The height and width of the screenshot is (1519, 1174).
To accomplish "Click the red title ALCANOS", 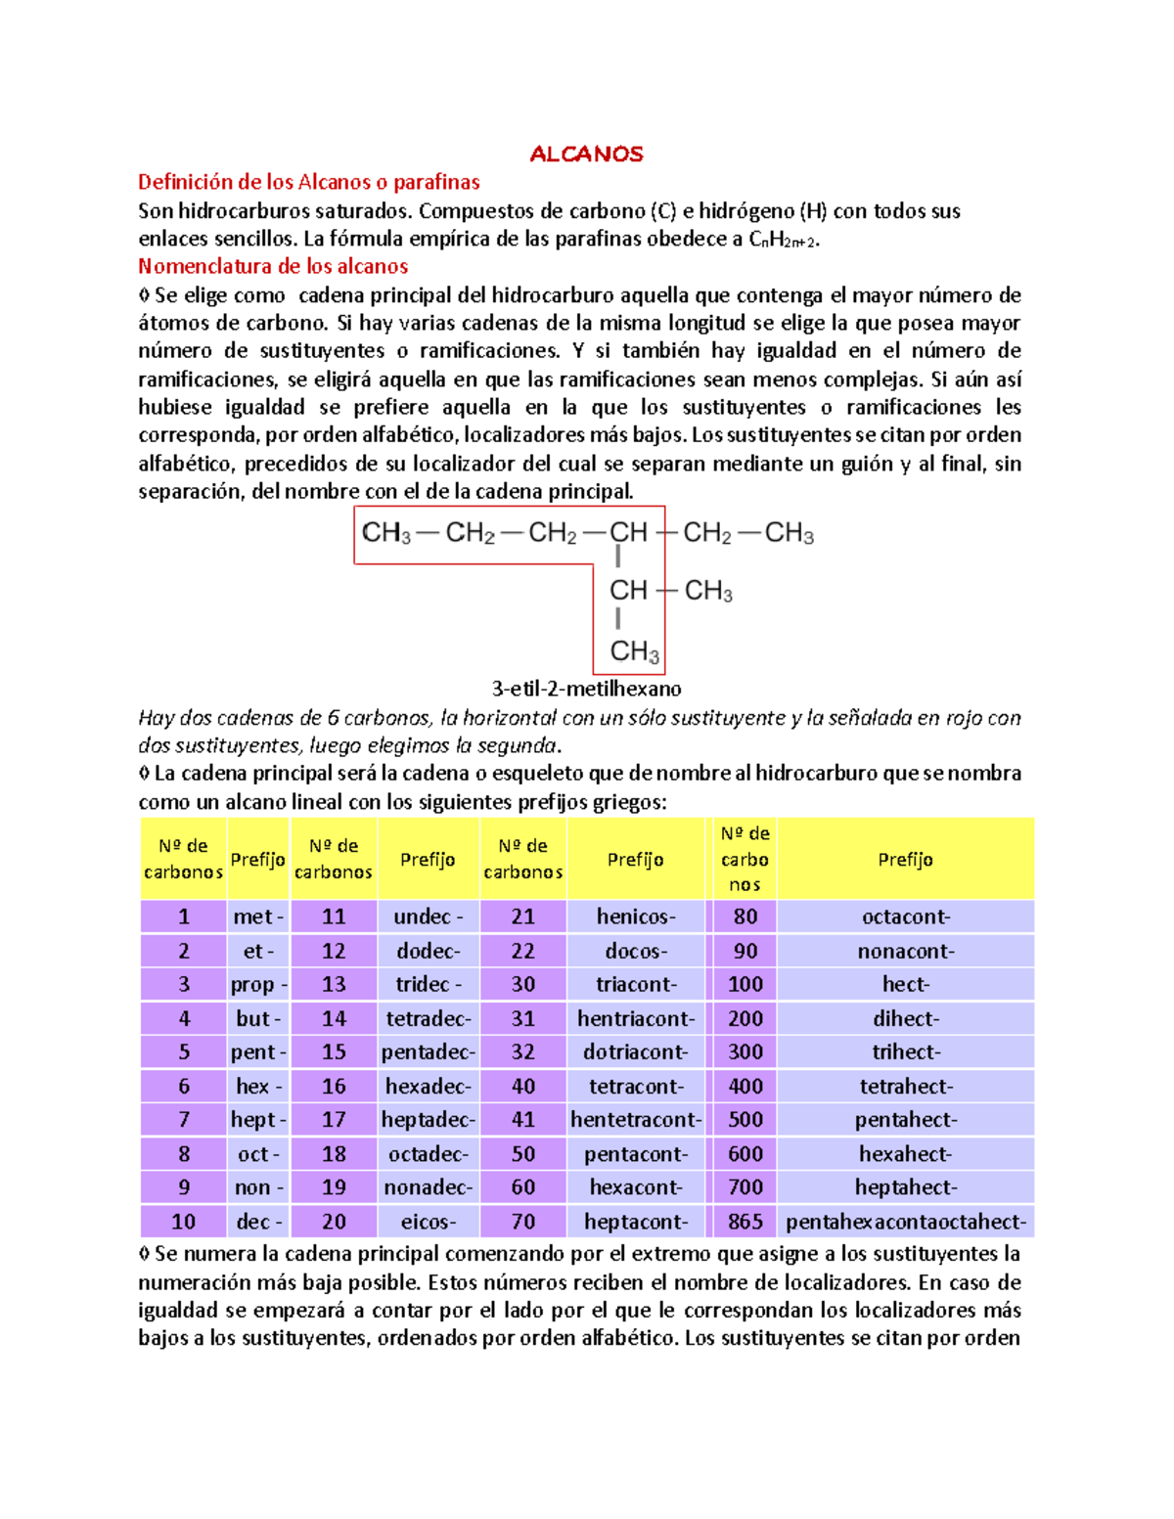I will [586, 155].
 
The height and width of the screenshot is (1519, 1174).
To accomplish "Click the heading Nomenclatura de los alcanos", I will [273, 266].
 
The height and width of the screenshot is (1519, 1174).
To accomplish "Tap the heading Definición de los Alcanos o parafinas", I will [308, 182].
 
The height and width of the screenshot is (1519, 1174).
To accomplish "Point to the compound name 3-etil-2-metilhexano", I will [586, 689].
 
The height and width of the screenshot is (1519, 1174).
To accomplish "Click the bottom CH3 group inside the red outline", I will [634, 651].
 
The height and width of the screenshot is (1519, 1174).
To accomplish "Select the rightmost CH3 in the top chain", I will [789, 533].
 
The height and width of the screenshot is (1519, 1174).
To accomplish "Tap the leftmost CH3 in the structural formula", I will [386, 533].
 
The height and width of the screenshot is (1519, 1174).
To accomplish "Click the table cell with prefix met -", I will [258, 916].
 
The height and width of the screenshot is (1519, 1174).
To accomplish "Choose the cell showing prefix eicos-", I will [429, 1222].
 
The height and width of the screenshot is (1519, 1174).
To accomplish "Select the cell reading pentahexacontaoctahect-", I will [905, 1222].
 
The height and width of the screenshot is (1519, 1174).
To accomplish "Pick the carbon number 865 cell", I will [745, 1222].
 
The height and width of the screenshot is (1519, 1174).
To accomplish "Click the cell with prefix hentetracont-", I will [635, 1120].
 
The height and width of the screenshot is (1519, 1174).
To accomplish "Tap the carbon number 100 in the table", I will [745, 985].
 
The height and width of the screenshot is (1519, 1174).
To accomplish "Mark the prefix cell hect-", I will [905, 985].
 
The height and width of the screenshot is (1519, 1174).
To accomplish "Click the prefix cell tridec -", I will [429, 985].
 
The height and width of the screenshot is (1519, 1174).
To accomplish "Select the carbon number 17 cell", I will [334, 1120].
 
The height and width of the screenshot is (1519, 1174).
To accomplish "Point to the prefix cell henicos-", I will [635, 916].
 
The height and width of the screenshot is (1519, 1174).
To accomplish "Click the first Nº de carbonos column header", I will [183, 859].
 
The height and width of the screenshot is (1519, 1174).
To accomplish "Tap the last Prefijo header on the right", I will [905, 860].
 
